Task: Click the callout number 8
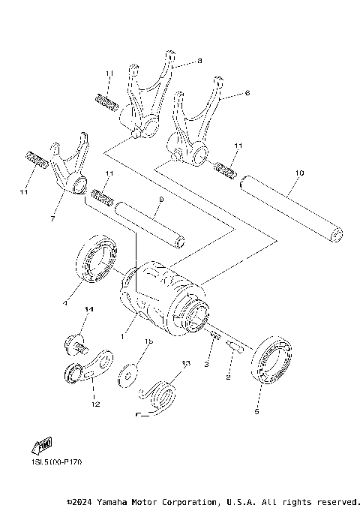(199, 60)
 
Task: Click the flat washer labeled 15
(130, 372)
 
